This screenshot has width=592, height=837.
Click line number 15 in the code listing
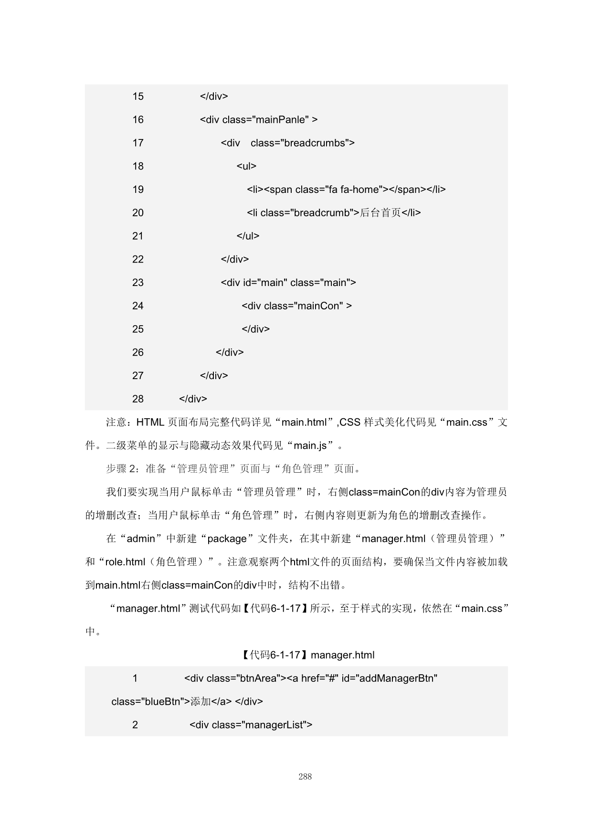pos(138,96)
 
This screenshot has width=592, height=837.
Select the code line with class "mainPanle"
pos(258,120)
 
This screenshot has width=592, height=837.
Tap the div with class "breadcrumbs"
pos(287,143)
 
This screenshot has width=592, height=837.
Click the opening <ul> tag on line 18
pos(246,166)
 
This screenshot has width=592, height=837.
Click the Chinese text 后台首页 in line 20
pos(380,213)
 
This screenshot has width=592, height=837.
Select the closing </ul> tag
pos(248,236)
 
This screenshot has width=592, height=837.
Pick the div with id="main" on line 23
pos(288,283)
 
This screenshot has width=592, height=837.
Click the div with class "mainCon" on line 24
pos(296,306)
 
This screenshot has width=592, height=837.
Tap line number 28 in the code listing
pos(138,399)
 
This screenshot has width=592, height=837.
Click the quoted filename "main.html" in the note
pos(304,423)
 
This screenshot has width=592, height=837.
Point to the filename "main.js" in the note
pos(310,446)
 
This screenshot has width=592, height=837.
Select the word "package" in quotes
pos(227,539)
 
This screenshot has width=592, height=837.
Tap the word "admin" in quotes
pos(141,539)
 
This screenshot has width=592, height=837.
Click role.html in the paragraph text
pos(125,562)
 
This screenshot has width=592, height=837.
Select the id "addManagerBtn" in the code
pos(389,678)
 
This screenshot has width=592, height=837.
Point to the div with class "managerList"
pos(251,725)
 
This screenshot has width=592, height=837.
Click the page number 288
pos(305,777)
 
